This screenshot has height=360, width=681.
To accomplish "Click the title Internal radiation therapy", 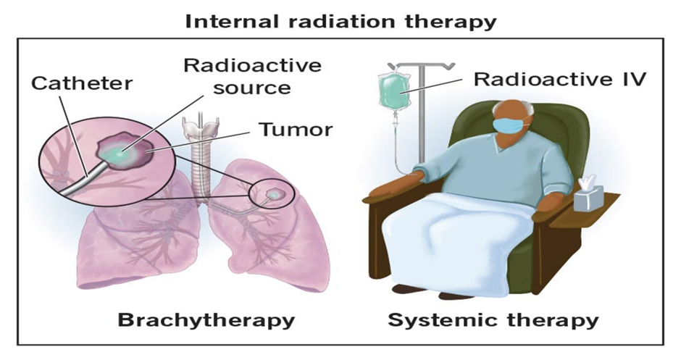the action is coord(340,20).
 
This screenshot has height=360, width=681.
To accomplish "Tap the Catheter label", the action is coord(82,83).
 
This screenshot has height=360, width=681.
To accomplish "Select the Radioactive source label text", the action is coord(252,76).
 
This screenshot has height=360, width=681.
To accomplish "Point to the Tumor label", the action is coord(296,129).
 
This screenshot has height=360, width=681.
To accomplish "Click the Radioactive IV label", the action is coord(560,79).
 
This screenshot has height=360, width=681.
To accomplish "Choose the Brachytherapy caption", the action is coord(206,320).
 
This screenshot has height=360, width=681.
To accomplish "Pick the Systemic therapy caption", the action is coord(493,320).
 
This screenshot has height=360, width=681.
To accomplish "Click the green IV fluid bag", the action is coord(394,90).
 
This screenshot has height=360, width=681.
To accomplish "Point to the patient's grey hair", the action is coord(527,111).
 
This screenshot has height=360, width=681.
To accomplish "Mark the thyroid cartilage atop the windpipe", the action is coord(200,128).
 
